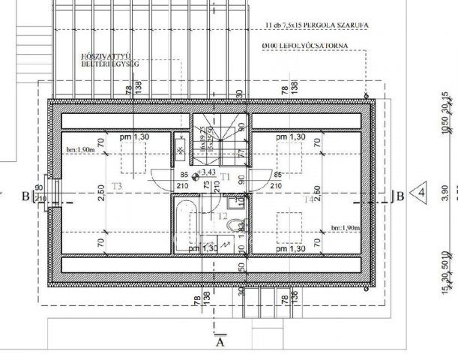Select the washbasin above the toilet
tap(234, 201)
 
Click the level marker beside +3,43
tap(196, 178)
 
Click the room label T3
tap(117, 184)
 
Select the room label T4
tap(308, 200)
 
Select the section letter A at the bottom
tap(220, 343)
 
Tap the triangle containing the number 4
tap(421, 192)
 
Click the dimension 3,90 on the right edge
tap(445, 192)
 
